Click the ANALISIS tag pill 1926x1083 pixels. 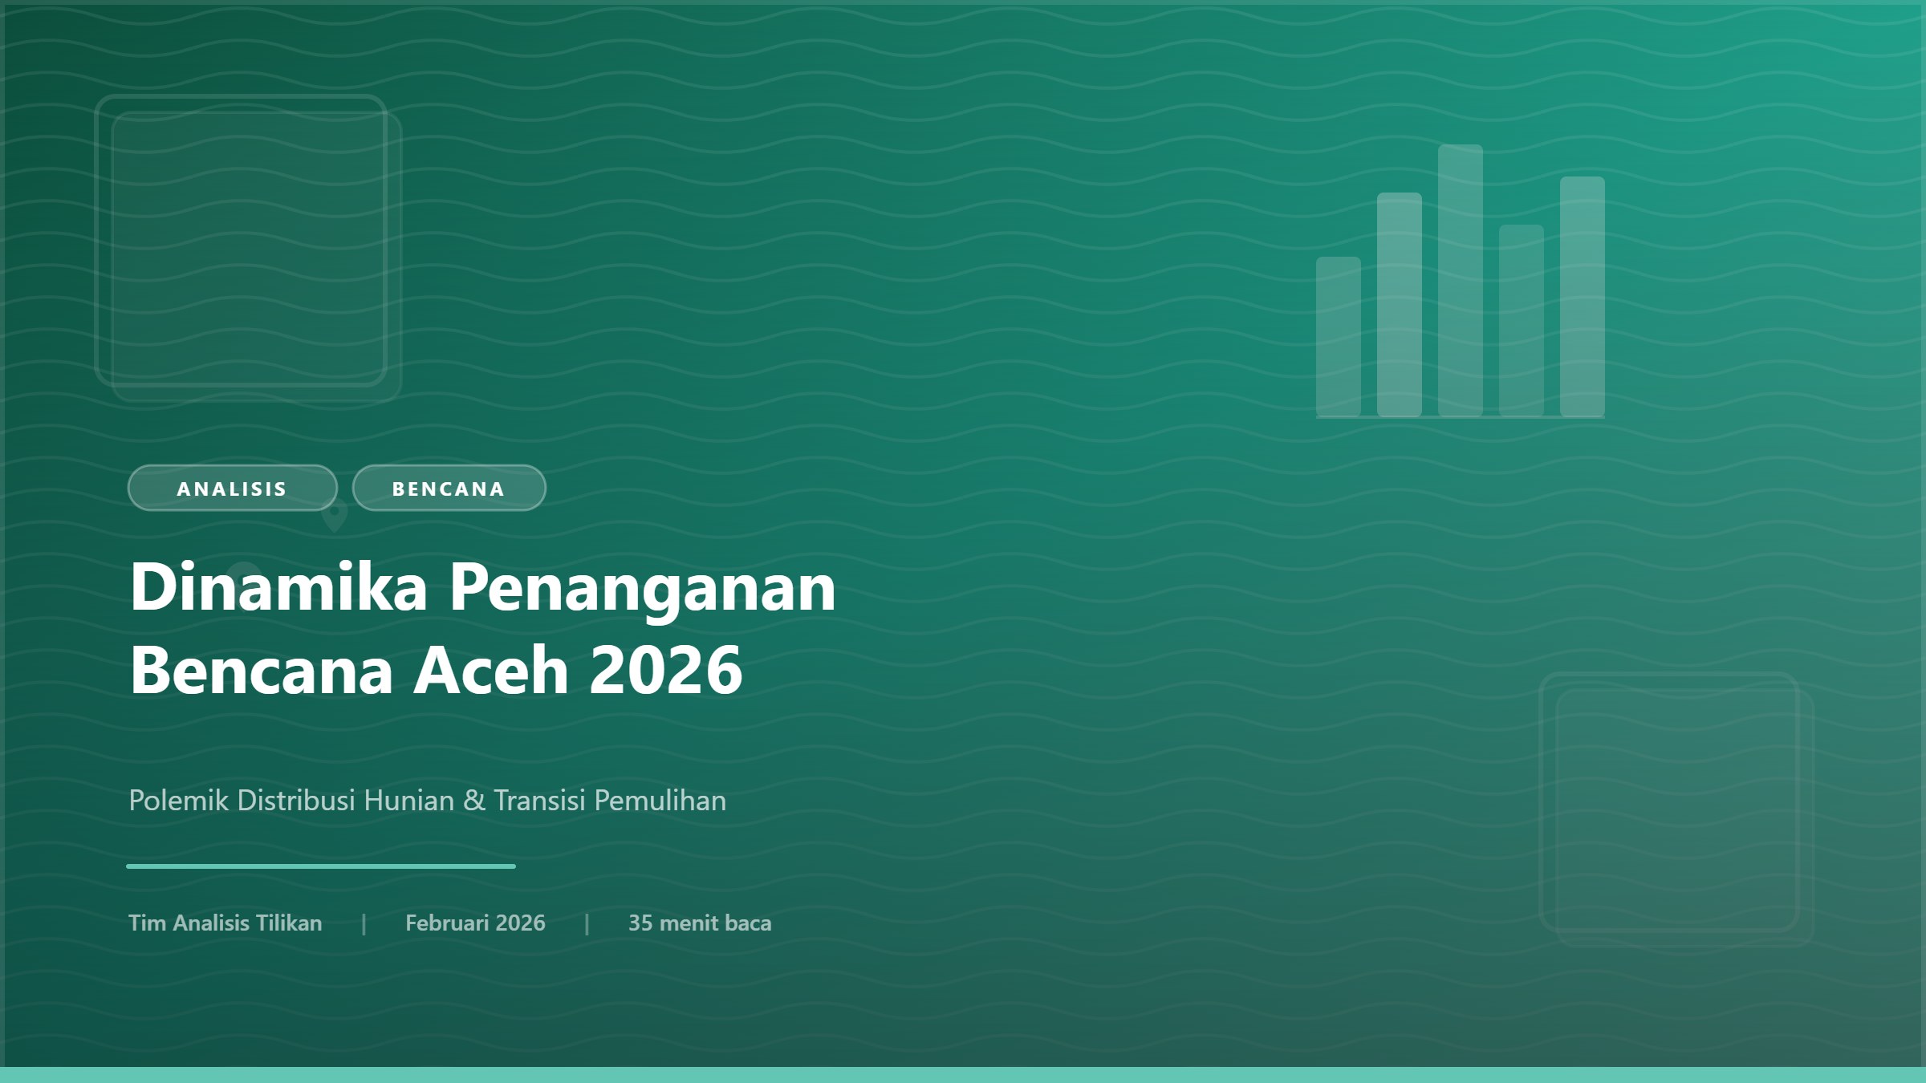tap(232, 489)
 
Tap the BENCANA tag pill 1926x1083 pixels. tap(449, 489)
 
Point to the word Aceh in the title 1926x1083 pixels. tap(491, 671)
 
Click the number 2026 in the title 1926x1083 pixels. tap(666, 671)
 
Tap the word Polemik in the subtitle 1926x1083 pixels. tap(178, 801)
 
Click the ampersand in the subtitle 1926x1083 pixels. tap(474, 801)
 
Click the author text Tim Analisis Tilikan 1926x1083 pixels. tap(225, 923)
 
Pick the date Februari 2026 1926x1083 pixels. tap(475, 923)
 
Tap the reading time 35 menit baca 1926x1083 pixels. tap(699, 923)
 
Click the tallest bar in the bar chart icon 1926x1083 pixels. tap(1460, 281)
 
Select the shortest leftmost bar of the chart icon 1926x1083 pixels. tap(1338, 337)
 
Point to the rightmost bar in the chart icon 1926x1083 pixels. tap(1582, 297)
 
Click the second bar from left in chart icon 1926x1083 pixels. tap(1399, 305)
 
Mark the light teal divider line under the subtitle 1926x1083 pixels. tap(321, 866)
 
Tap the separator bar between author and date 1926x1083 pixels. tap(364, 924)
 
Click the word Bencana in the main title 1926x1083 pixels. tap(262, 671)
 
